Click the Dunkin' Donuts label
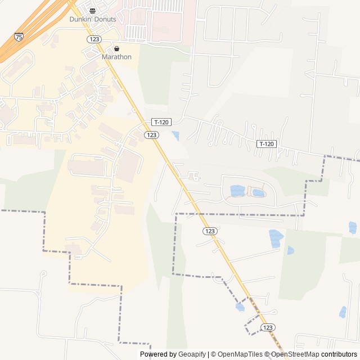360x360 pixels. click(93, 19)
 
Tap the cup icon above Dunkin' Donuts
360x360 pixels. click(93, 11)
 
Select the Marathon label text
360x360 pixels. click(116, 57)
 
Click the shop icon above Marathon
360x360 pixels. click(116, 49)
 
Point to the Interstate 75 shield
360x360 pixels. click(20, 37)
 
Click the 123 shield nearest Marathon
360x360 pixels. click(93, 38)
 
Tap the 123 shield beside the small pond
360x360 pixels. click(151, 135)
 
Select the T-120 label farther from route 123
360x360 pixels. click(267, 144)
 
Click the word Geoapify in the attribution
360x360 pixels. click(192, 354)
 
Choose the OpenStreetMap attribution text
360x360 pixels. click(295, 354)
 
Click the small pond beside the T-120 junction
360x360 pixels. click(175, 136)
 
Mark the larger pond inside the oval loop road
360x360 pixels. click(237, 191)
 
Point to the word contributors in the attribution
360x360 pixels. click(339, 354)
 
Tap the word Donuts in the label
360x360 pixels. click(105, 19)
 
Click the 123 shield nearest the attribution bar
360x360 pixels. click(268, 327)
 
